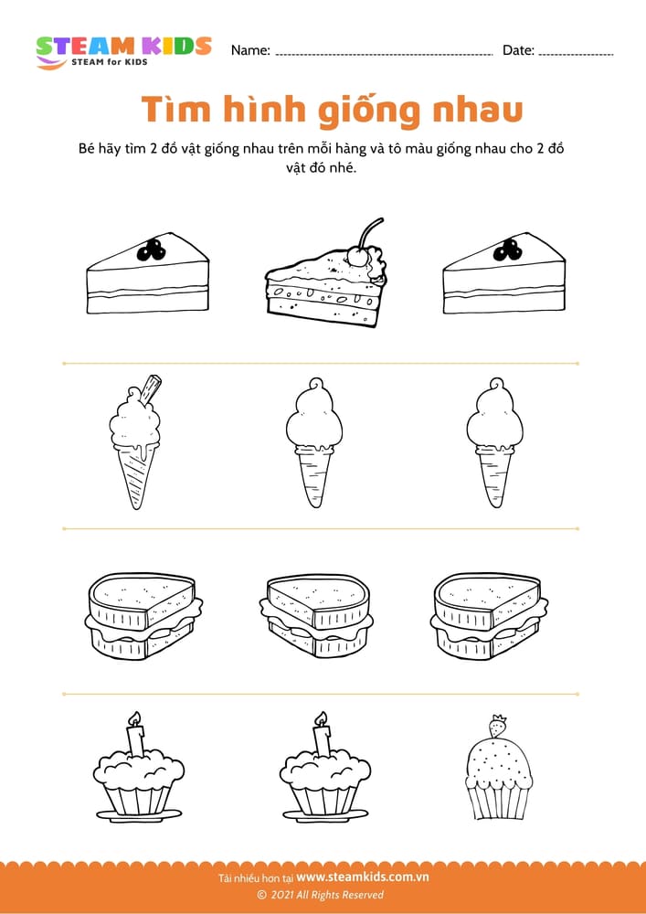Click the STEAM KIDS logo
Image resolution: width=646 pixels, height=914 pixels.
click(x=123, y=52)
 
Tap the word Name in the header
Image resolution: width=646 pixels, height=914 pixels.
click(x=250, y=50)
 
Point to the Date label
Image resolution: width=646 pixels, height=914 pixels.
click(x=518, y=50)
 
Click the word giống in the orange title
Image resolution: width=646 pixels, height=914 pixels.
click(x=372, y=112)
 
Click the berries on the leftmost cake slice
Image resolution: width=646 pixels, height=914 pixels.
click(x=152, y=250)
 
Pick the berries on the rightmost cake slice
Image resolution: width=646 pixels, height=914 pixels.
click(x=507, y=250)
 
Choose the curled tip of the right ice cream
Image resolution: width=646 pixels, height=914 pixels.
click(x=495, y=385)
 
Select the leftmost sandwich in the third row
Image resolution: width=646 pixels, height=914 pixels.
click(x=143, y=615)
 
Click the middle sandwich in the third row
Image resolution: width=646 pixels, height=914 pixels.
click(x=316, y=615)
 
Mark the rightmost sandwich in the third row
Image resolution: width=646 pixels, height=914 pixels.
click(x=489, y=615)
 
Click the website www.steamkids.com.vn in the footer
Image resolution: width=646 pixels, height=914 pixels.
click(x=363, y=877)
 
